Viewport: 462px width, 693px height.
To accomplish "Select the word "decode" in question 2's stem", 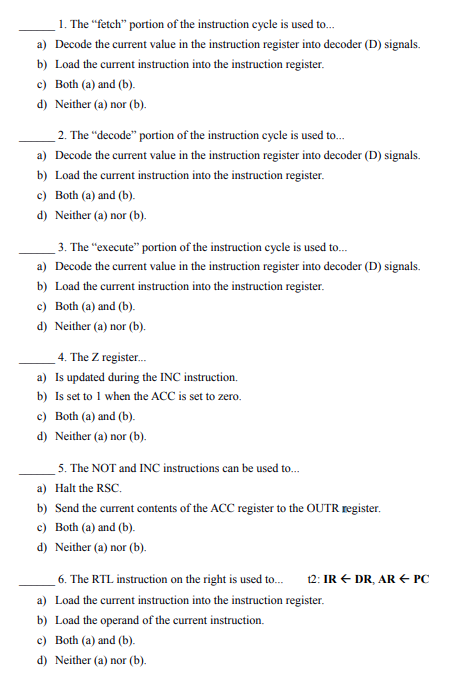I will (x=112, y=135).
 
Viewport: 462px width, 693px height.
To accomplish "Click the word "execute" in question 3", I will (x=113, y=246).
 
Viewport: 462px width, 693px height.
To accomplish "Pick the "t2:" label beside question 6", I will (x=317, y=579).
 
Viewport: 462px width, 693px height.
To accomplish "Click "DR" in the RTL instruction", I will (x=365, y=579).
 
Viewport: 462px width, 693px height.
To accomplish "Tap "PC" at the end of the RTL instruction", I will (x=420, y=579).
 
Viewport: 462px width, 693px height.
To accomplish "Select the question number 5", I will (x=62, y=467).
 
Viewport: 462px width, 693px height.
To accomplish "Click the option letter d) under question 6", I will (x=41, y=659).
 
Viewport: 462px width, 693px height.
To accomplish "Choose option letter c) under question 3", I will (x=41, y=306).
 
